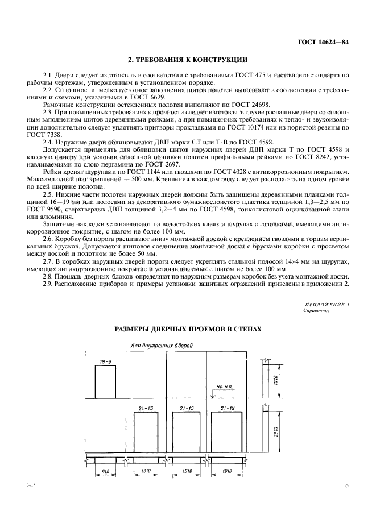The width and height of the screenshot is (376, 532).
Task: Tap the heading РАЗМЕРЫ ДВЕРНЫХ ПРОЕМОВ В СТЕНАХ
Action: pos(188,329)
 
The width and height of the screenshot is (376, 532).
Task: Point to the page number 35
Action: pos(346,485)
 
